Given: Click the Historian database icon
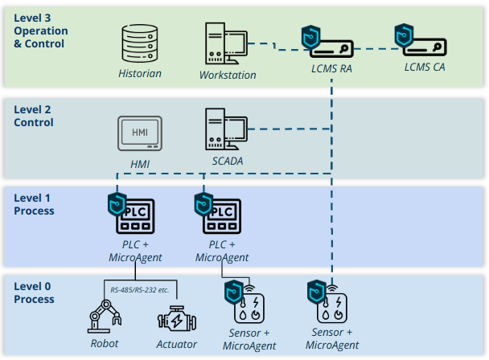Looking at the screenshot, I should pyautogui.click(x=140, y=44).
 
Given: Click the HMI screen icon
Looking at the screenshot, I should pyautogui.click(x=140, y=133).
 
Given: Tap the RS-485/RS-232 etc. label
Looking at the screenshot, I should pyautogui.click(x=140, y=289).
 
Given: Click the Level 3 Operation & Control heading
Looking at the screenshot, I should pyautogui.click(x=41, y=31).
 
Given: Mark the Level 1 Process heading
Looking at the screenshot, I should pyautogui.click(x=34, y=203).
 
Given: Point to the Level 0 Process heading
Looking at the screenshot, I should pyautogui.click(x=34, y=292).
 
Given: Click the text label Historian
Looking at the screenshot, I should pyautogui.click(x=140, y=74).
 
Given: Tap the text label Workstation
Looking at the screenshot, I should pyautogui.click(x=228, y=76).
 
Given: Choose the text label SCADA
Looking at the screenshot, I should pyautogui.click(x=227, y=162).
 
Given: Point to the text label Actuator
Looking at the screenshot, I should pyautogui.click(x=177, y=344).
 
